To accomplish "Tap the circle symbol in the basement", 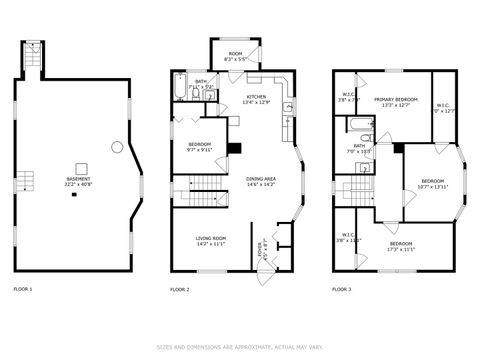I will [x=117, y=148].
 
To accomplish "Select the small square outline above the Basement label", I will [x=77, y=166].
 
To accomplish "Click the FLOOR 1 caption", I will [x=22, y=289].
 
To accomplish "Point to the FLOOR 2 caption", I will [x=180, y=289].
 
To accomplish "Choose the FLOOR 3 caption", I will [x=341, y=289].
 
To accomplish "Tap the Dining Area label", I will [x=261, y=181].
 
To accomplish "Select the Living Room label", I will [x=212, y=240].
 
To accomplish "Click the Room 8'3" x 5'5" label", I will [x=235, y=57].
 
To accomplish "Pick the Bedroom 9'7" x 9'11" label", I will [x=200, y=147].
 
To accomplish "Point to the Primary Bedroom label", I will [x=396, y=102].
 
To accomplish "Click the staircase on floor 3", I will [x=355, y=192].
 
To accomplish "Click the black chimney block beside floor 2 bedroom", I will [x=234, y=149].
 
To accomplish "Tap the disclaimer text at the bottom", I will [x=240, y=347].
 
